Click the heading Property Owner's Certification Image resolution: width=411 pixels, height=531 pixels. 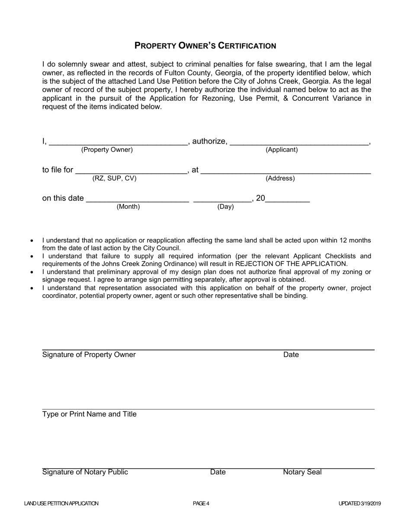[205, 45]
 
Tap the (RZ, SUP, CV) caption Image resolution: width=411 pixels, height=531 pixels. [114, 178]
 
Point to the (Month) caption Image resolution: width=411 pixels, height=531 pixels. [128, 207]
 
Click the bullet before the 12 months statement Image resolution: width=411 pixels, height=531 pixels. [32, 241]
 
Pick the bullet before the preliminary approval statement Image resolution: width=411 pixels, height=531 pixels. [32, 272]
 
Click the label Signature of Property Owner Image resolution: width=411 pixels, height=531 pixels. [89, 355]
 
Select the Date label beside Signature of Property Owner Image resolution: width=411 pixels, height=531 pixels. [291, 355]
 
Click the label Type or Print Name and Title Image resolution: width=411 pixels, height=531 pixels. [89, 414]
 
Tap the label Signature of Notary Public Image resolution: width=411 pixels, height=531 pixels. [85, 472]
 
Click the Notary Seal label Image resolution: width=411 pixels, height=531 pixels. [302, 472]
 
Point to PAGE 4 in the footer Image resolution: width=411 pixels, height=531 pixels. [201, 503]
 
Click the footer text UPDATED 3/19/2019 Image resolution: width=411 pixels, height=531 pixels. [360, 503]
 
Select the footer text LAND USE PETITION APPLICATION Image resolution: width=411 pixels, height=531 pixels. [61, 503]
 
